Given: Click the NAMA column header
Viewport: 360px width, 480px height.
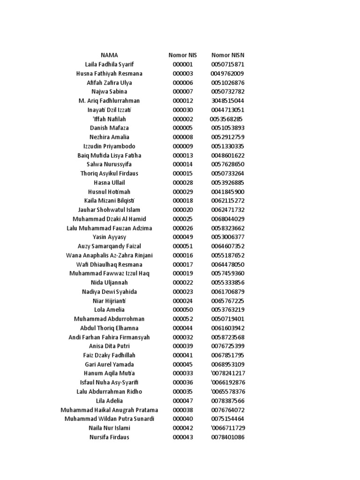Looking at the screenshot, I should point(109,55).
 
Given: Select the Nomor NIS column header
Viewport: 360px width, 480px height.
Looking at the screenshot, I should point(183,55).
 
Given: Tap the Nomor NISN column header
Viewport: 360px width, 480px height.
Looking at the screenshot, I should point(227,55).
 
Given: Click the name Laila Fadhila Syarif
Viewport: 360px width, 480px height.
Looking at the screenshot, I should point(109,64).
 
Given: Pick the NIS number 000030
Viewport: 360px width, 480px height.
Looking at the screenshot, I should point(183,110).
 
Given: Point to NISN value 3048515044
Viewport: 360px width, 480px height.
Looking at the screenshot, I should point(227,101).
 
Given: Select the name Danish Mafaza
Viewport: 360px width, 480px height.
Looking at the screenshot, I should point(109,128).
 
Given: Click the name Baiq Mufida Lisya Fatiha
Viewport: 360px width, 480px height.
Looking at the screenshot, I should point(109,155).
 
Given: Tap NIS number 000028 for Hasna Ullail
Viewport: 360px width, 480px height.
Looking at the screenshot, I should point(183,182).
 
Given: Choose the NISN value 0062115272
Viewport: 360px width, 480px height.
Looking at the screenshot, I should point(227,201).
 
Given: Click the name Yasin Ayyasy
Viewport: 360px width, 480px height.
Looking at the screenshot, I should point(109,237).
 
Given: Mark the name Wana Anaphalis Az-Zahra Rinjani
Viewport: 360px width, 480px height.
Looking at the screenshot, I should point(109,255).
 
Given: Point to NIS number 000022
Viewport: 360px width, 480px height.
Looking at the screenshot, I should point(183,283).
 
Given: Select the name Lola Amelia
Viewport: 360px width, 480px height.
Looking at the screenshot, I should point(109,310).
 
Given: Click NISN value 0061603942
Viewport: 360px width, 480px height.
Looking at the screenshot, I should point(227,328).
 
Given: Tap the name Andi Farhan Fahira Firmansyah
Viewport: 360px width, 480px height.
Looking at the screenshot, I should point(109,337).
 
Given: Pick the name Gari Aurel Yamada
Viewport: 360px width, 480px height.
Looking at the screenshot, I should point(109,364).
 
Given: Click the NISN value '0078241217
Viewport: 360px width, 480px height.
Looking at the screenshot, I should point(227,374).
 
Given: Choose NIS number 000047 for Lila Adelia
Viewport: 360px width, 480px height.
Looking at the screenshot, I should point(183,401).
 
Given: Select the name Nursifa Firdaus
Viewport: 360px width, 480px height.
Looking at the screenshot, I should point(109,437).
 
